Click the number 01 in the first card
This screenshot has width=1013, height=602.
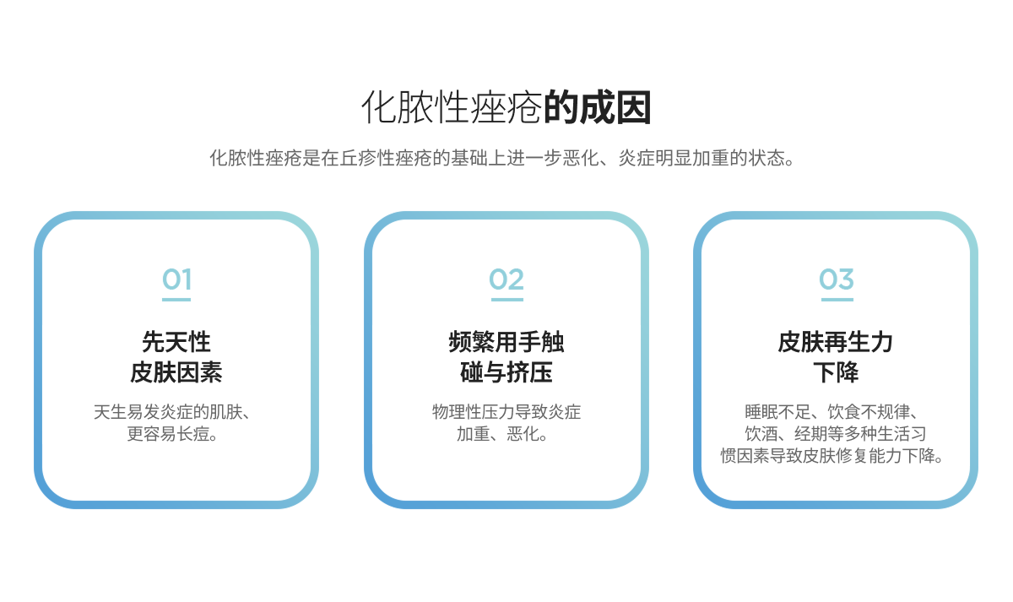tap(176, 279)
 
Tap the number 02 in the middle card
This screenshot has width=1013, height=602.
tap(506, 279)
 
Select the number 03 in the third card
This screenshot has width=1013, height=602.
tap(837, 279)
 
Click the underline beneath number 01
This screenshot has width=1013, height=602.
tap(176, 300)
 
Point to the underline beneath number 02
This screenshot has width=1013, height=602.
tap(507, 300)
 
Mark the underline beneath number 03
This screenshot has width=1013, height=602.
tap(837, 300)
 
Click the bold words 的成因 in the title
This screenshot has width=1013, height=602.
tap(597, 107)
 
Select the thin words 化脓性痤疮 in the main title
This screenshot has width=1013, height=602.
tap(452, 107)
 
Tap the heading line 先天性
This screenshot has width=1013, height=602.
tap(176, 341)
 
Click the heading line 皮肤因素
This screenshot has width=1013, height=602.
tap(176, 372)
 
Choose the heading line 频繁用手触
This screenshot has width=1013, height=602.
tap(506, 341)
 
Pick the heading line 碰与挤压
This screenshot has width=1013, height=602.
tap(506, 372)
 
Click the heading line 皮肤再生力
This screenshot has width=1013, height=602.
tap(836, 341)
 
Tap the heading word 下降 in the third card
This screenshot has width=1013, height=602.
tap(836, 372)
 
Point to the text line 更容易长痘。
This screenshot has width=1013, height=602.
tap(173, 434)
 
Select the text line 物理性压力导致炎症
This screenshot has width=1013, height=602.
tap(506, 411)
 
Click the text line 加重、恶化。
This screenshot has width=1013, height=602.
tap(502, 434)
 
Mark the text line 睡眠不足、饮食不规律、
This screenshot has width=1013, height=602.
tap(832, 411)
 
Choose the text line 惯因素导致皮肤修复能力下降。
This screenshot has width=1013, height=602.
tap(832, 455)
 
